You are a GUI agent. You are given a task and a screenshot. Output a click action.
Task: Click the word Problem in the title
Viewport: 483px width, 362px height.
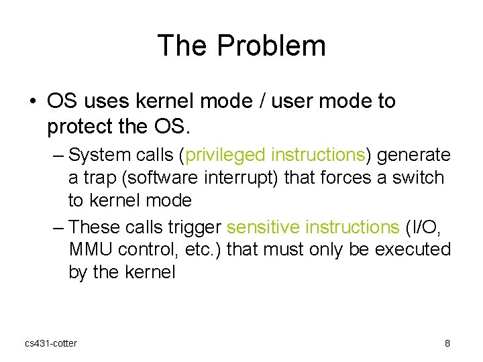(x=272, y=46)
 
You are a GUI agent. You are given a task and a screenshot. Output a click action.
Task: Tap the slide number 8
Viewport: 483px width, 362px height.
(x=447, y=344)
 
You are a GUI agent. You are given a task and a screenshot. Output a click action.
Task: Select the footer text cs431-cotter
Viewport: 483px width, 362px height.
(x=51, y=344)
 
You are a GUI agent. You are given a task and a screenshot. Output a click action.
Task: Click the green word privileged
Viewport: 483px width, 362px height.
(x=226, y=155)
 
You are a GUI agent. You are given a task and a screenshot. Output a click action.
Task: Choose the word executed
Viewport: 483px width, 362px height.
(x=411, y=249)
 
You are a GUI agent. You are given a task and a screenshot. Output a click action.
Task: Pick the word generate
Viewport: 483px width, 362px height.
(x=414, y=155)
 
